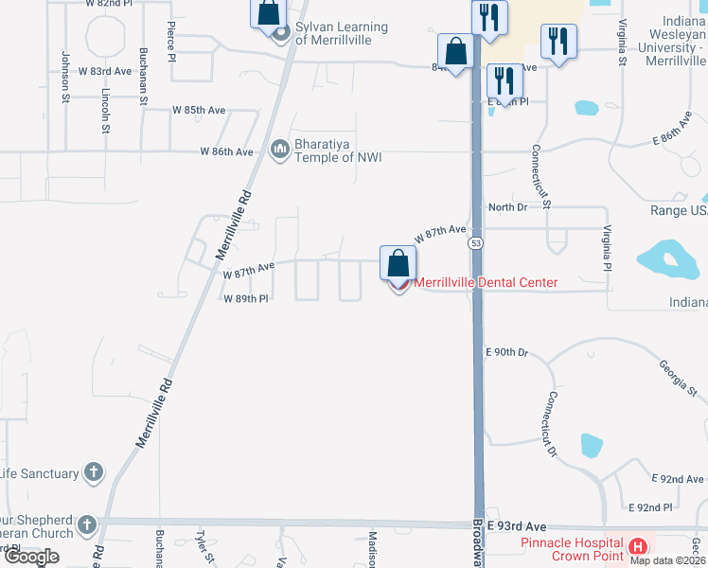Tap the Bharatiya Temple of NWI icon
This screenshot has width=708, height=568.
click(x=280, y=150)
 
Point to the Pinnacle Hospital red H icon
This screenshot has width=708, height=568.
click(x=639, y=546)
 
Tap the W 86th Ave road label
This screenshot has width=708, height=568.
click(x=226, y=151)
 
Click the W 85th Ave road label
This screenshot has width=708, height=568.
click(x=199, y=111)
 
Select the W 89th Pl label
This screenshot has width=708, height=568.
click(x=246, y=298)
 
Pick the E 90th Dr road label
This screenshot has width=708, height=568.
click(x=505, y=352)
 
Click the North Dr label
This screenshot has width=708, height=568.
click(x=505, y=207)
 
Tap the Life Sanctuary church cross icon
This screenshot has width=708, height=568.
click(x=93, y=472)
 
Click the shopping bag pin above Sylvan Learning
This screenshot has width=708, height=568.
click(x=268, y=12)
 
